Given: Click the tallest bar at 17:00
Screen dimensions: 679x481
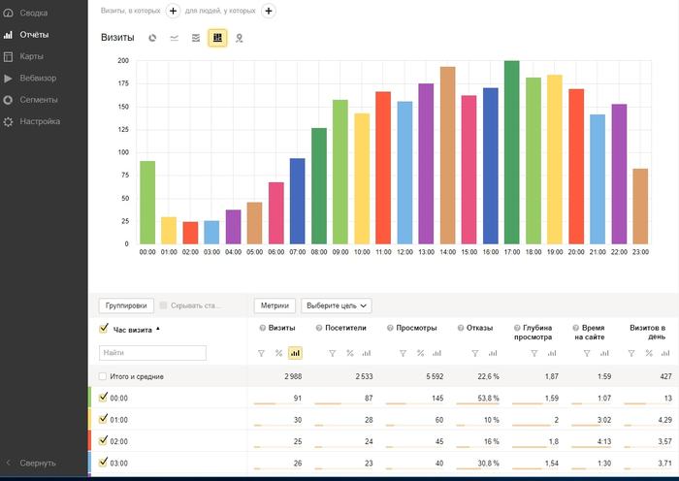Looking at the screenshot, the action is [511, 152].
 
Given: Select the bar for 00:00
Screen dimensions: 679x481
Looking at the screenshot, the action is [147, 203].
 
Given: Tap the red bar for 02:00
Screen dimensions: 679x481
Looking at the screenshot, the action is [190, 233].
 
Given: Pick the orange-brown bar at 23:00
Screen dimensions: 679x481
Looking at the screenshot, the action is [640, 207].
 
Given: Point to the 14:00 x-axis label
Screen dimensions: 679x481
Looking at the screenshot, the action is [447, 252].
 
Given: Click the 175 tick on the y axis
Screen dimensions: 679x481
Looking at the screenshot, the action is [123, 83].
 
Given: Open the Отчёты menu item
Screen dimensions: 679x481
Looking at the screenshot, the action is [34, 35].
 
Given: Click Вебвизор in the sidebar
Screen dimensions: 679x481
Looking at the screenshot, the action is [38, 78].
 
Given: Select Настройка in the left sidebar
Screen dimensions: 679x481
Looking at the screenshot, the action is [40, 121].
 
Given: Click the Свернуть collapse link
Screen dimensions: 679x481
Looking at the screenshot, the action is [38, 463].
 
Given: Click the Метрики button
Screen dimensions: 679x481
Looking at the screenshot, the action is [275, 305].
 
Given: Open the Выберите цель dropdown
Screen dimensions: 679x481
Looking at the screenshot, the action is [336, 305].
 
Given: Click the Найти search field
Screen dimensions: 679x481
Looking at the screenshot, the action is [152, 353].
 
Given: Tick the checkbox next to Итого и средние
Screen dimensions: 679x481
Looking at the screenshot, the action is [103, 376].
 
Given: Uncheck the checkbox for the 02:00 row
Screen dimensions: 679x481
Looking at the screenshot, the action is [103, 440].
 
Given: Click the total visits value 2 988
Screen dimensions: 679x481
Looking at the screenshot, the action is [293, 376].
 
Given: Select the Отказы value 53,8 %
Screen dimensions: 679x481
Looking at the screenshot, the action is [488, 398].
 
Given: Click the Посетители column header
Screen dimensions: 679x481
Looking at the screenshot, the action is [345, 328].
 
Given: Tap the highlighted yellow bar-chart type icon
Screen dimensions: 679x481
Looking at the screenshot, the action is [217, 38].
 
